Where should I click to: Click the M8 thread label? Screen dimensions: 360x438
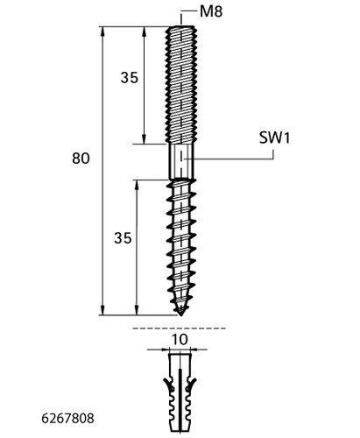pyautogui.click(x=211, y=11)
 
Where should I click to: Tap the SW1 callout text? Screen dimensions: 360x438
pyautogui.click(x=274, y=138)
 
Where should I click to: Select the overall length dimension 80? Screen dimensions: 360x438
pyautogui.click(x=81, y=159)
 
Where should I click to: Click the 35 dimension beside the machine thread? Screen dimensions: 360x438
pyautogui.click(x=130, y=78)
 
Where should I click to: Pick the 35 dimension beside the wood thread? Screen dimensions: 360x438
pyautogui.click(x=123, y=238)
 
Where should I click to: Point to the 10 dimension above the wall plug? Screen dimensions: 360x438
pyautogui.click(x=180, y=340)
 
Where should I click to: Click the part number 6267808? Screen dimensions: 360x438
pyautogui.click(x=67, y=419)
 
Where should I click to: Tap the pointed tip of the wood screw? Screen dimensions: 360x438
pyautogui.click(x=181, y=315)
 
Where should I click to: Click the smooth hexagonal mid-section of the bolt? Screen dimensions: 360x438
pyautogui.click(x=181, y=161)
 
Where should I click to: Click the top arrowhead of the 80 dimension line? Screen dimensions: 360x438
pyautogui.click(x=102, y=32)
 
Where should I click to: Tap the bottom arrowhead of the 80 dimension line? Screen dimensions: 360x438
pyautogui.click(x=102, y=310)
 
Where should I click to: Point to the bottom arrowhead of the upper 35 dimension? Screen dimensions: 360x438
pyautogui.click(x=144, y=139)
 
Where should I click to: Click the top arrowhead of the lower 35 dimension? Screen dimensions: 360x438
pyautogui.click(x=137, y=185)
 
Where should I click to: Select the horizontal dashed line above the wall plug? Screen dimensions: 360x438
pyautogui.click(x=179, y=328)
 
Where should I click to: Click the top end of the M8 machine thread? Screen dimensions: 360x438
pyautogui.click(x=181, y=27)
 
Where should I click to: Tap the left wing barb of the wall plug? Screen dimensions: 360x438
pyautogui.click(x=168, y=385)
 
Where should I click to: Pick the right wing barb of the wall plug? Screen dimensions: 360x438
pyautogui.click(x=192, y=385)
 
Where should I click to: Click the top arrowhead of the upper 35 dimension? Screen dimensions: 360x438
pyautogui.click(x=144, y=32)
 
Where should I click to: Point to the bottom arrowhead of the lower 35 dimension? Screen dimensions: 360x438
pyautogui.click(x=137, y=310)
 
